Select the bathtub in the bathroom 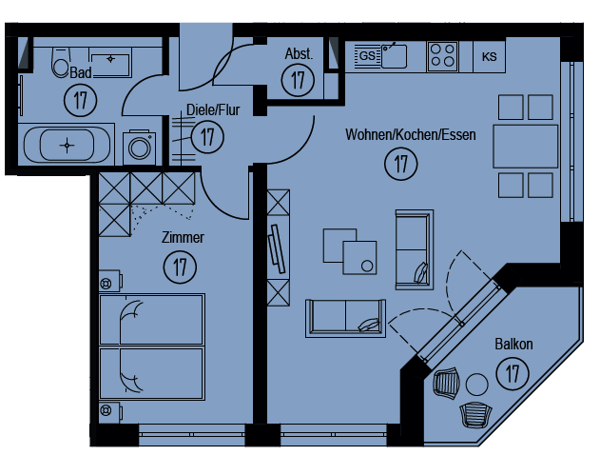(x=67, y=146)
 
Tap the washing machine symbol (x=139, y=148)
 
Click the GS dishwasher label (x=367, y=56)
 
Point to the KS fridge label (x=489, y=57)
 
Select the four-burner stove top (x=443, y=56)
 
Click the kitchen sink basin (x=394, y=56)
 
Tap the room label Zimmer (x=183, y=238)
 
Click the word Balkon (x=513, y=344)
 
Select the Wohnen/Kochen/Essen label (x=411, y=134)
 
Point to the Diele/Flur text (x=213, y=109)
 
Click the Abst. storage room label (x=299, y=54)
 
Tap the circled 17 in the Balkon (x=513, y=373)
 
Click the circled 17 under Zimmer (x=180, y=267)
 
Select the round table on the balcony (x=476, y=385)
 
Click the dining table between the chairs (x=526, y=147)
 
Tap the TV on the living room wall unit (x=277, y=249)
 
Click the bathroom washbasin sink (x=110, y=65)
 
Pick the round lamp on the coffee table (x=367, y=266)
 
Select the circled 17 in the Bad (x=81, y=100)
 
